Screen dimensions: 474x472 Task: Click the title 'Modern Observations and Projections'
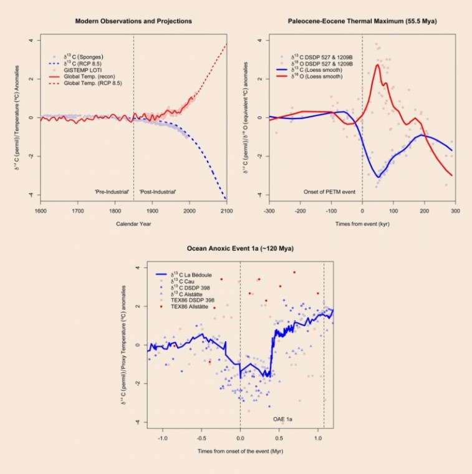[x=133, y=21]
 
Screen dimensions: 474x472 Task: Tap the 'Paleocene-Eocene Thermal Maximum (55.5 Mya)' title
[x=362, y=21]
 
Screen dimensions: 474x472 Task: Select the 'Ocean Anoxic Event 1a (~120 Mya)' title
[x=240, y=249]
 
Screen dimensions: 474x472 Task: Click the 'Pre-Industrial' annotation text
[x=112, y=191]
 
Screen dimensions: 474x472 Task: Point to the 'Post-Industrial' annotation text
[x=158, y=191]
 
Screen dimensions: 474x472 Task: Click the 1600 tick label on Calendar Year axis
[x=41, y=210]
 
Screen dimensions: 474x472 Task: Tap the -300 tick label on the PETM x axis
[x=269, y=210]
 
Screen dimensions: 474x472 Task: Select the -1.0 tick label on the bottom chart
[x=163, y=438]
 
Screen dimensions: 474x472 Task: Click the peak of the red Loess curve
[x=378, y=65]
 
